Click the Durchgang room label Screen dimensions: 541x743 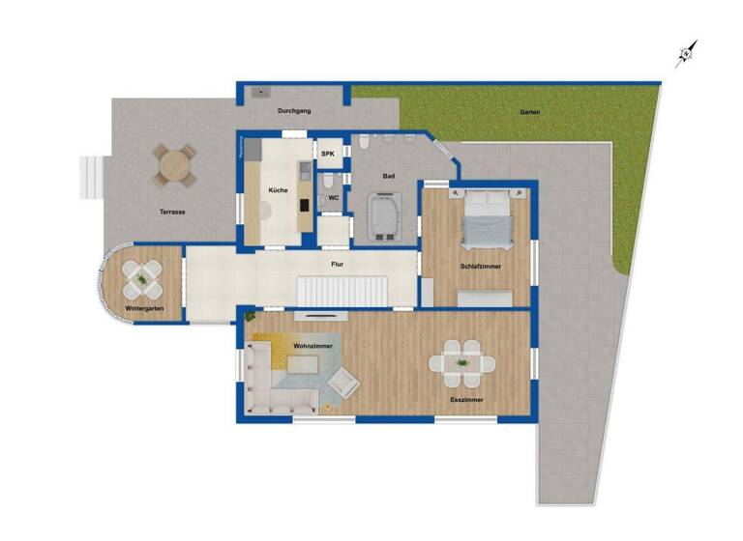click(293, 112)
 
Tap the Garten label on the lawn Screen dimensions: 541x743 click(529, 112)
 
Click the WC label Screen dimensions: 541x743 click(333, 198)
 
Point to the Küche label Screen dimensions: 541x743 click(279, 189)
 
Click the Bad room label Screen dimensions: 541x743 click(389, 176)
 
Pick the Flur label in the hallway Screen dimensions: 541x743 click(338, 263)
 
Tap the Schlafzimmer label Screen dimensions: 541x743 click(481, 267)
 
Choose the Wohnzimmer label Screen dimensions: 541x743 click(313, 345)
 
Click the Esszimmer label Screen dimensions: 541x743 click(466, 399)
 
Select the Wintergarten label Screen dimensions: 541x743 click(144, 308)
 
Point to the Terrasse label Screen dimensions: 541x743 click(173, 212)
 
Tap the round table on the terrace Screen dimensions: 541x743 click(174, 165)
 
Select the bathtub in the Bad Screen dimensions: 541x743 click(385, 215)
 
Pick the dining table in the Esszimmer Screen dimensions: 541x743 click(462, 363)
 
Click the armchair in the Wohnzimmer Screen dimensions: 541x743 click(343, 384)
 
